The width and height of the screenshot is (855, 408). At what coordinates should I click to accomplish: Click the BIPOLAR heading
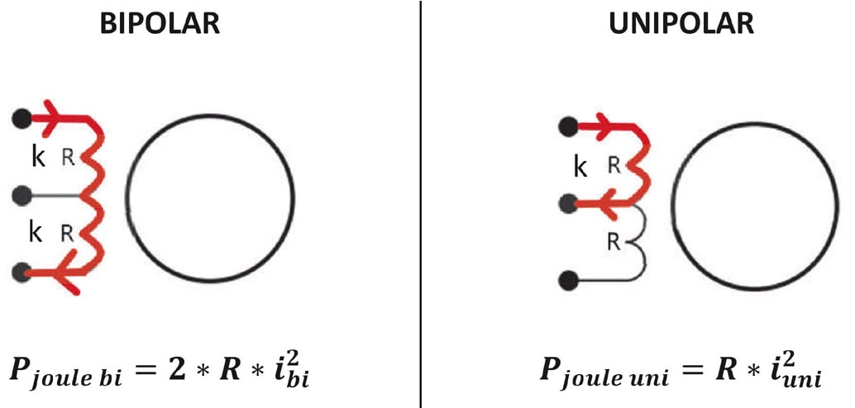160,24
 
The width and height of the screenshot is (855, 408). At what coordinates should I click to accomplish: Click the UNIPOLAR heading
681,24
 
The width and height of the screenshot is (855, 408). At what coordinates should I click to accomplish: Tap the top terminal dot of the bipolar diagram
22,118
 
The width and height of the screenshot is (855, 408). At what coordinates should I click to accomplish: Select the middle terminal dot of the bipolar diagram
22,196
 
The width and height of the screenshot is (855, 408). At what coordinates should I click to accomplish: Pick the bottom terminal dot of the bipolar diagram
22,273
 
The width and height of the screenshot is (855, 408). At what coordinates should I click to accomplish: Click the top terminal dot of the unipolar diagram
568,126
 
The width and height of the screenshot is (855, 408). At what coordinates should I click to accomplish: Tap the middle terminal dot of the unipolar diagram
568,203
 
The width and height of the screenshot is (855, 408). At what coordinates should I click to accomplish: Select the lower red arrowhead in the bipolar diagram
51,273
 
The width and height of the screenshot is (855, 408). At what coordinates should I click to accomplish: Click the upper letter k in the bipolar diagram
36,157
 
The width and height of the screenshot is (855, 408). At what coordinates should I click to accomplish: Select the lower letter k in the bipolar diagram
36,234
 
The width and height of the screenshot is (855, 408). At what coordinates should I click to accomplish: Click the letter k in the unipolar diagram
581,168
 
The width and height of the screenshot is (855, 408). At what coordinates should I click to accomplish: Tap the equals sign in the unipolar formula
694,370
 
